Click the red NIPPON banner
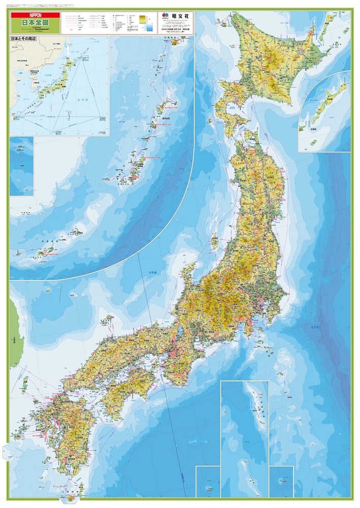click(x=35, y=15)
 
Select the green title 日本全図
click(x=35, y=23)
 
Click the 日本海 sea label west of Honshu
click(x=152, y=273)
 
